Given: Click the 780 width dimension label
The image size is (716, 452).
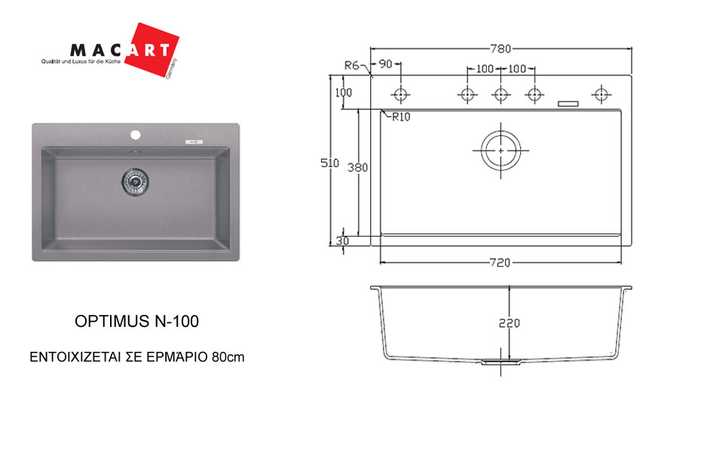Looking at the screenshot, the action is [x=500, y=48].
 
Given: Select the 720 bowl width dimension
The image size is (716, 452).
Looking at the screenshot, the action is [x=500, y=262].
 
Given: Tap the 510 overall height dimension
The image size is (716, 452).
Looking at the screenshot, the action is [x=329, y=163].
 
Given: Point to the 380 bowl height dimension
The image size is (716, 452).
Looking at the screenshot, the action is [x=357, y=167].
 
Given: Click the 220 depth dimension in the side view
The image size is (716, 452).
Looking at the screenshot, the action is [x=509, y=323].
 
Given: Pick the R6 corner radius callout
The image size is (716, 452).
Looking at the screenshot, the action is [x=352, y=66].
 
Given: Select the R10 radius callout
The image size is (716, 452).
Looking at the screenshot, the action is [x=402, y=117].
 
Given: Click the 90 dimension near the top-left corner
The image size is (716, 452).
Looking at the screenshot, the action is [x=386, y=64].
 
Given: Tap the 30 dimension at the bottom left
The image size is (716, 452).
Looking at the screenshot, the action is [x=342, y=240].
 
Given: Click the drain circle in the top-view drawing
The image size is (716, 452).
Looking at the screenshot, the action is [x=501, y=150].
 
